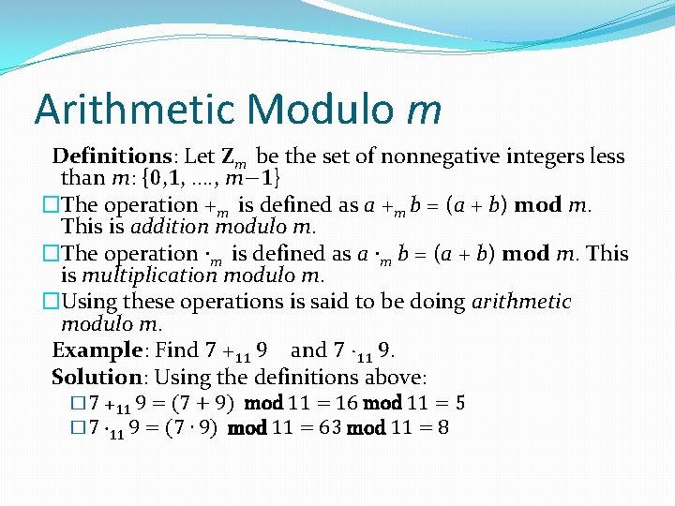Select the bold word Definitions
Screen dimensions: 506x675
pos(110,156)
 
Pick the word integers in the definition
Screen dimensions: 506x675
pos(558,156)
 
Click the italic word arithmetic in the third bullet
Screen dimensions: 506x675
pos(521,301)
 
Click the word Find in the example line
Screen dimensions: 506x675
pos(176,350)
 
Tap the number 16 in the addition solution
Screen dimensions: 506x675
pos(344,404)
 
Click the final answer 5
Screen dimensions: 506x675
pos(460,404)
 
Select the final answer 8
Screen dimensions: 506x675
pos(442,428)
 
